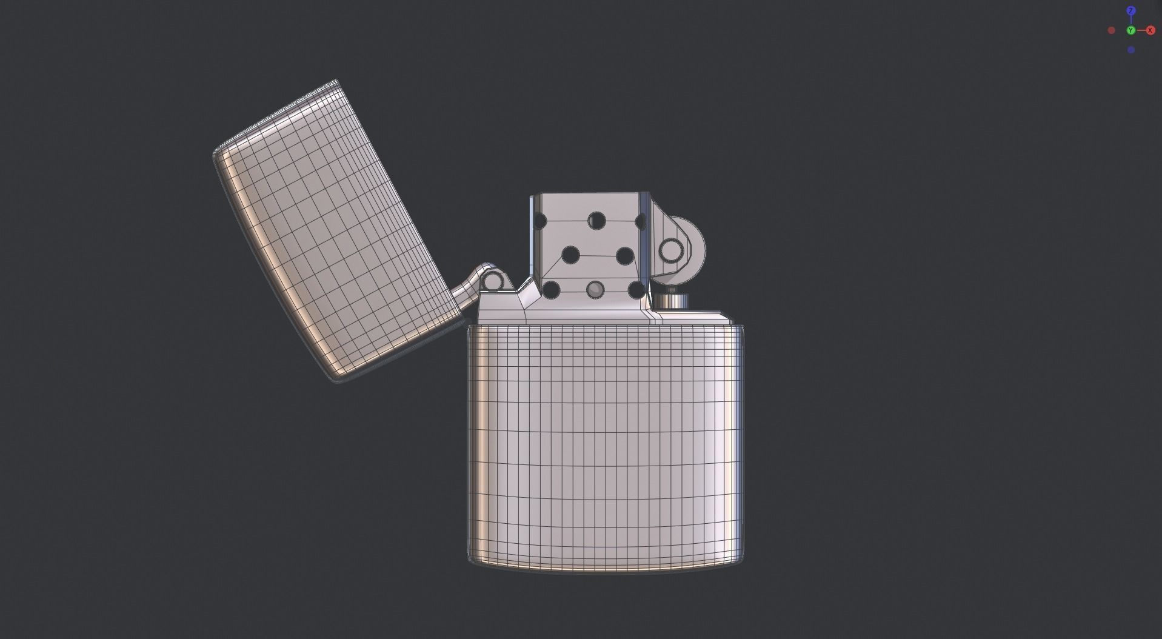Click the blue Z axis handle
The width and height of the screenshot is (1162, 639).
point(1130,11)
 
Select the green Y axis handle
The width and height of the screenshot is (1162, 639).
point(1130,30)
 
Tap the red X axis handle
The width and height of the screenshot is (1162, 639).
point(1150,30)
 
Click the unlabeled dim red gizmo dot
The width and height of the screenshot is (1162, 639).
point(1111,30)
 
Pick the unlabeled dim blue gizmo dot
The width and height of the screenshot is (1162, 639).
point(1130,50)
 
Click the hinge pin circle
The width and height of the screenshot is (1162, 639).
point(493,281)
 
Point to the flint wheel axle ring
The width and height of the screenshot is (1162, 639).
point(671,250)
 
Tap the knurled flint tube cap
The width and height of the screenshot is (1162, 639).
point(671,301)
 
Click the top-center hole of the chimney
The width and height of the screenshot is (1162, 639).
point(596,220)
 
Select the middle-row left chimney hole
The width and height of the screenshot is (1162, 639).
point(570,255)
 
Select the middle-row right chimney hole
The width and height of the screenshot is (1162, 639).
point(624,255)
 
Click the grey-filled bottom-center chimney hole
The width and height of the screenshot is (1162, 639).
point(596,290)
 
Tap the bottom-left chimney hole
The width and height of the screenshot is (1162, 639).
point(550,290)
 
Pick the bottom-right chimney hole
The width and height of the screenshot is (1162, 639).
point(636,290)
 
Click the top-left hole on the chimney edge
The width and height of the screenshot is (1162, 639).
point(539,221)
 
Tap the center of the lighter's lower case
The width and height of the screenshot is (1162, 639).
point(605,446)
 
